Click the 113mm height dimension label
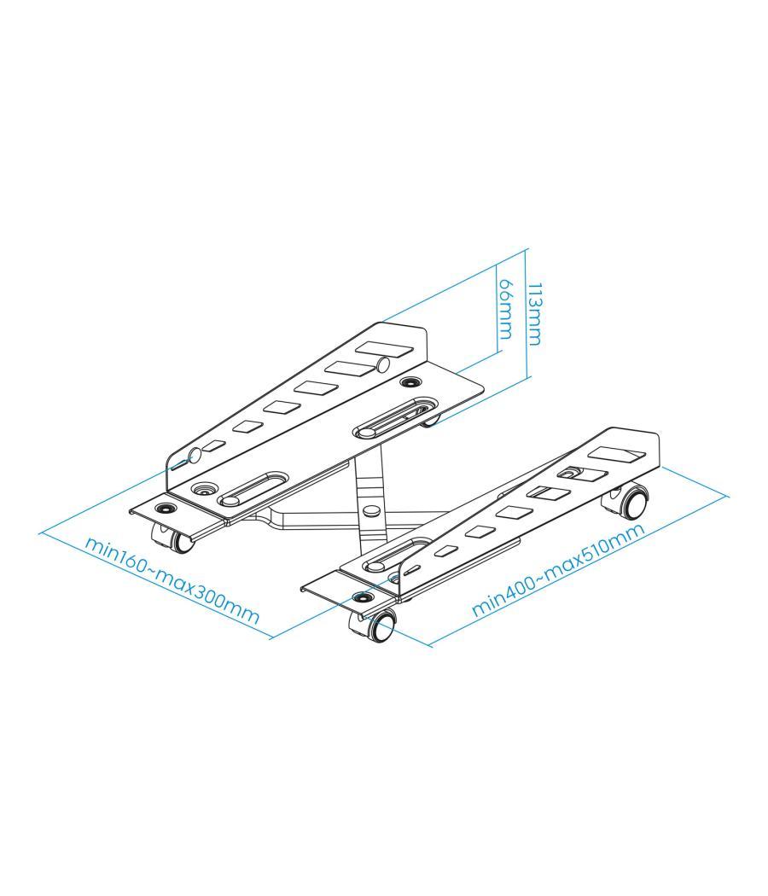click(x=533, y=313)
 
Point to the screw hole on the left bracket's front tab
click(x=164, y=508)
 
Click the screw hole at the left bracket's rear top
click(x=412, y=381)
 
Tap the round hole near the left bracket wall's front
click(x=194, y=455)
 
